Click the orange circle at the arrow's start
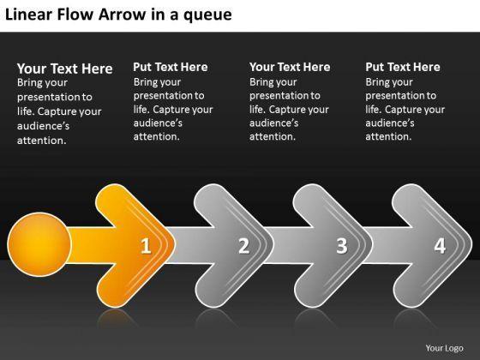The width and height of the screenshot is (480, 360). (x=39, y=244)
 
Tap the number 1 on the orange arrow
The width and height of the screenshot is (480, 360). (x=146, y=246)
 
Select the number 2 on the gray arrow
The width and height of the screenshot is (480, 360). (x=244, y=245)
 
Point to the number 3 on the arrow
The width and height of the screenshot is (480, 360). (x=342, y=245)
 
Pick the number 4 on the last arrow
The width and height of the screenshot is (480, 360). (x=441, y=245)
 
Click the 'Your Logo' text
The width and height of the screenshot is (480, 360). (x=444, y=348)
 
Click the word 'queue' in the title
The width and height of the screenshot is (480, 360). (x=207, y=15)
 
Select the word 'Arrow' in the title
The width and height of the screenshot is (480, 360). (x=122, y=15)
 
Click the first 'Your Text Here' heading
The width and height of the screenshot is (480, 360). (x=65, y=69)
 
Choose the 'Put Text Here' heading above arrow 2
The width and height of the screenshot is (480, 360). (x=171, y=67)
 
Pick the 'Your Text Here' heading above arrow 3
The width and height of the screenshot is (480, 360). (x=290, y=67)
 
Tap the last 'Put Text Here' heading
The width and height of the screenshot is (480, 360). (x=403, y=67)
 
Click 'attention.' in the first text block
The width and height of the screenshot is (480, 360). (x=42, y=141)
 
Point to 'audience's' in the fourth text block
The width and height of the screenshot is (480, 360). (x=390, y=123)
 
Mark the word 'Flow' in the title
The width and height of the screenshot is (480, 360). (x=75, y=15)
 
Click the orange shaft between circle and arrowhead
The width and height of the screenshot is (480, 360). (x=89, y=245)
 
